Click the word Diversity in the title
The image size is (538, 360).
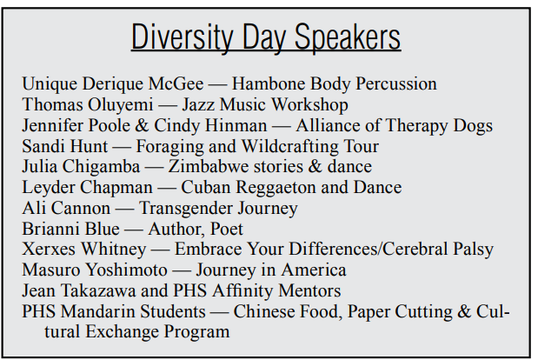pyautogui.click(x=183, y=37)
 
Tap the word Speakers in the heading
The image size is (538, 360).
pyautogui.click(x=348, y=37)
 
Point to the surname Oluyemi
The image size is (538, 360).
pyautogui.click(x=121, y=104)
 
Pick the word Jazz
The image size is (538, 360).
pyautogui.click(x=199, y=104)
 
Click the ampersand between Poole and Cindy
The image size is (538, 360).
pyautogui.click(x=142, y=125)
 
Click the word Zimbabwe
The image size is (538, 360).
pyautogui.click(x=209, y=166)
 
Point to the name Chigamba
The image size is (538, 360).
pyautogui.click(x=101, y=166)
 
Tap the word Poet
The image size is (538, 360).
pyautogui.click(x=227, y=229)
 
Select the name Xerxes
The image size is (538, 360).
pyautogui.click(x=49, y=249)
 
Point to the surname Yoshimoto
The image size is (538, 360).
pyautogui.click(x=126, y=270)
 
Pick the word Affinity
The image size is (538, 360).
pyautogui.click(x=242, y=290)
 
